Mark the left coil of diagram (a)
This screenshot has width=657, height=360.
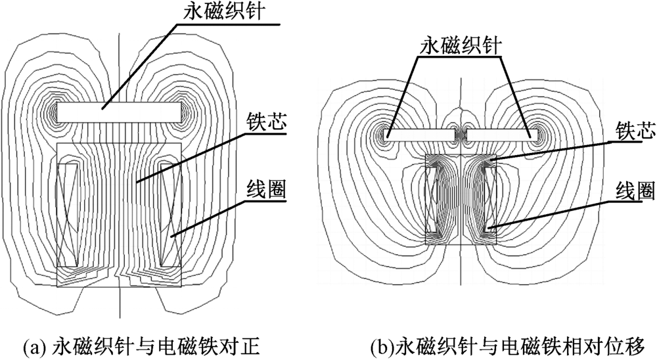tap(68, 214)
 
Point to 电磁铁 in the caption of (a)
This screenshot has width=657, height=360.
tap(191, 344)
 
